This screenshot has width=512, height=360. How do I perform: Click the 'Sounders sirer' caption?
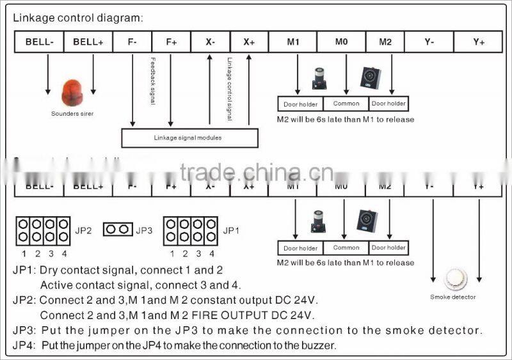(x=72, y=113)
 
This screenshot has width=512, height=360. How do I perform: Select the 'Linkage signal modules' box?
(x=189, y=138)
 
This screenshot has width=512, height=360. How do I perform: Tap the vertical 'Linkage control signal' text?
(x=229, y=90)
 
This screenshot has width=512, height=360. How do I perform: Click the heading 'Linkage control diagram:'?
(x=78, y=18)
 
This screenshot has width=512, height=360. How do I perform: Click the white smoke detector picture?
(x=456, y=279)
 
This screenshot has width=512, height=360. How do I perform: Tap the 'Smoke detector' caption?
(x=453, y=297)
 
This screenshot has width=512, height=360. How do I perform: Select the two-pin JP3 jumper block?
(x=117, y=230)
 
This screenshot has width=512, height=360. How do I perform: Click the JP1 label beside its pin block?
(x=231, y=230)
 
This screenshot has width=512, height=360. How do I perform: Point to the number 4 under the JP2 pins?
(x=64, y=253)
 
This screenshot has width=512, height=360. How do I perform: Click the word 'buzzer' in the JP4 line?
(x=317, y=345)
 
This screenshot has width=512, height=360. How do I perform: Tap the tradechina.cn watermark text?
(x=256, y=173)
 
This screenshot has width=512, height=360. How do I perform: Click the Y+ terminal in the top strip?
(x=478, y=42)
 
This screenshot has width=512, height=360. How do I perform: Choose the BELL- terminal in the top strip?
(x=40, y=42)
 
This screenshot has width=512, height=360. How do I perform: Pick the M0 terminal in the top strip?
(x=341, y=42)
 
